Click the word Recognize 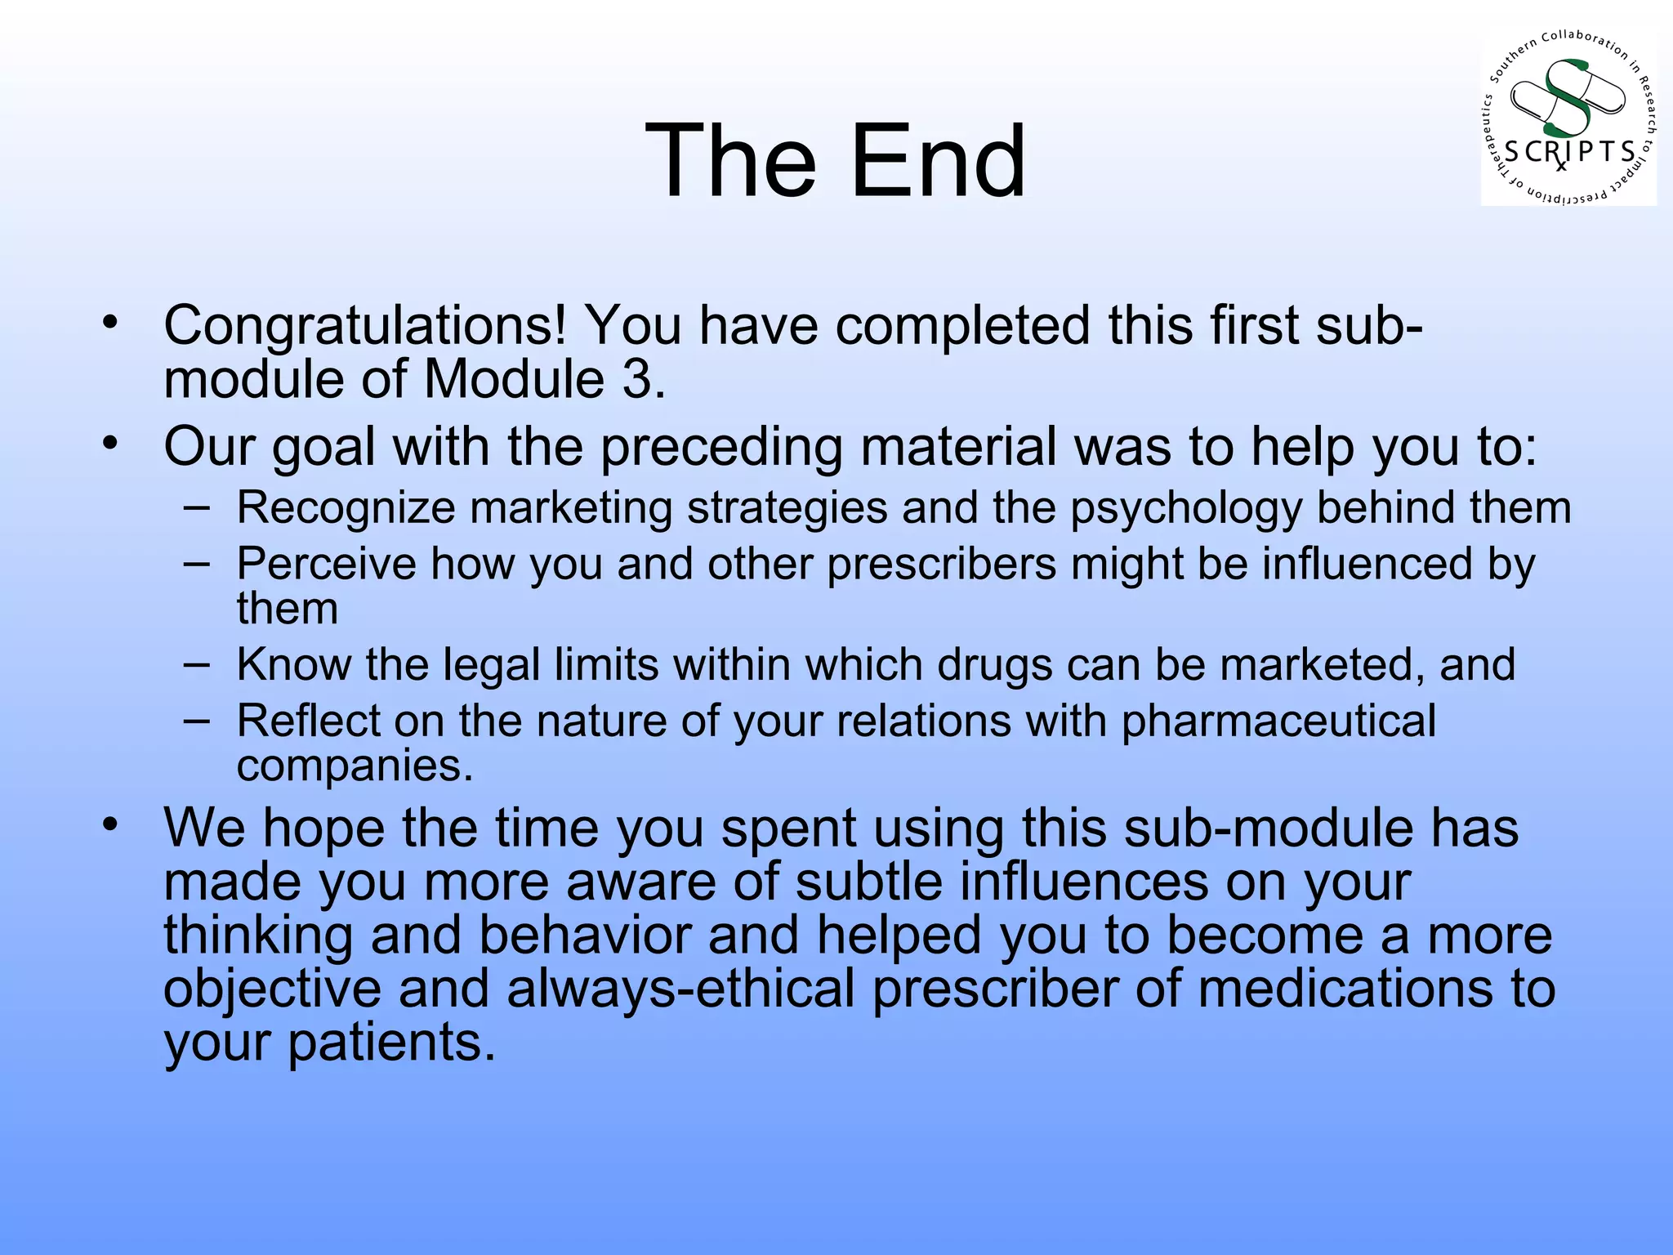pos(346,508)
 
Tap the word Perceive pos(326,565)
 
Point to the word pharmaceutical pos(1278,721)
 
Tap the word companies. pos(355,766)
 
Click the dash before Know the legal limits pos(196,664)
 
